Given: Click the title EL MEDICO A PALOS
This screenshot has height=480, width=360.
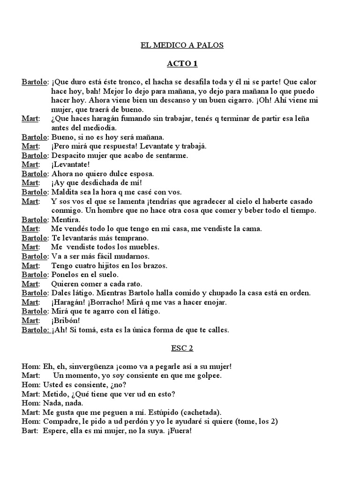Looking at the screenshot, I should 182,45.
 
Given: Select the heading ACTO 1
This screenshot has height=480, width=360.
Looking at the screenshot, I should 182,64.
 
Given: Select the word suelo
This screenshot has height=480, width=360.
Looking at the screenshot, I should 107,274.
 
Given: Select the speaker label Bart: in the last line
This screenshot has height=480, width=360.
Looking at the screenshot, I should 30,431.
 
